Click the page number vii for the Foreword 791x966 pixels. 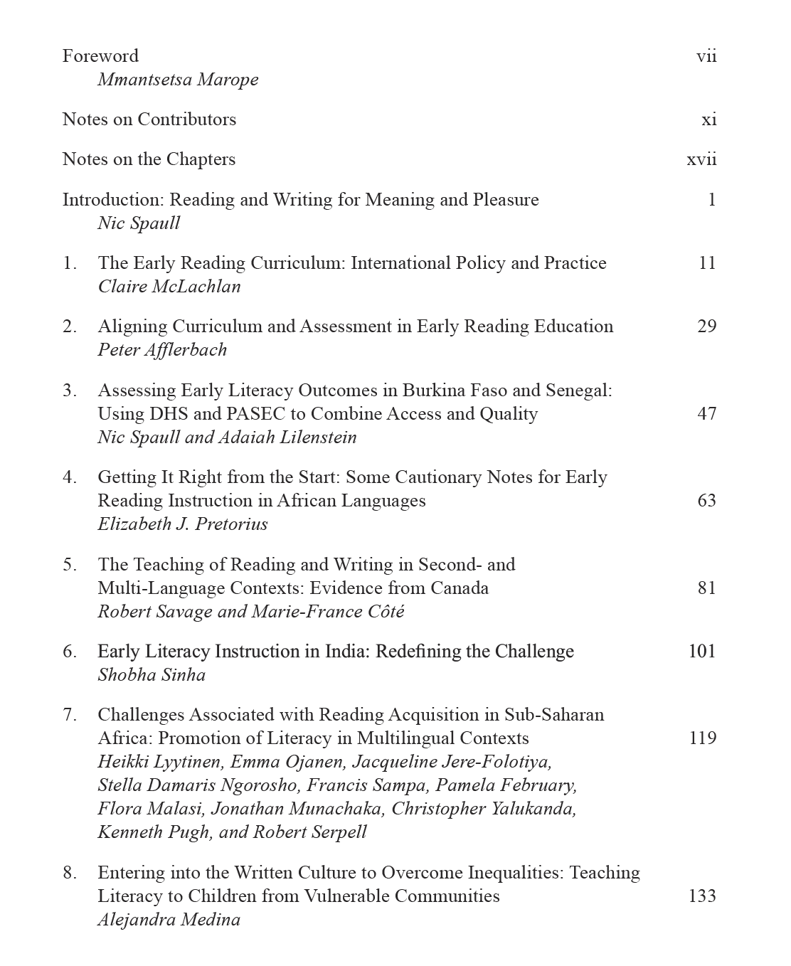click(706, 56)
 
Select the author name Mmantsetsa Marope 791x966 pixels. click(178, 80)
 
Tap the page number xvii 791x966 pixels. click(701, 159)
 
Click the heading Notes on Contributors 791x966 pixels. click(149, 120)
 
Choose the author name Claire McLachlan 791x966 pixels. click(169, 287)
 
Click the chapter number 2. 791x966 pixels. click(69, 327)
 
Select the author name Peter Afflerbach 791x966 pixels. click(162, 350)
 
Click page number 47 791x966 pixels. click(706, 414)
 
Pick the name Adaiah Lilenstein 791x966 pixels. click(287, 437)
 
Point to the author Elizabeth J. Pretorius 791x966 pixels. click(183, 524)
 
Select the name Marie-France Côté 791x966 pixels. click(334, 612)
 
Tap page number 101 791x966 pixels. click(702, 652)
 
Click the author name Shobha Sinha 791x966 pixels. click(152, 675)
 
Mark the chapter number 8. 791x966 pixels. click(69, 873)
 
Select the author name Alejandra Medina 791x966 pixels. click(169, 920)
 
